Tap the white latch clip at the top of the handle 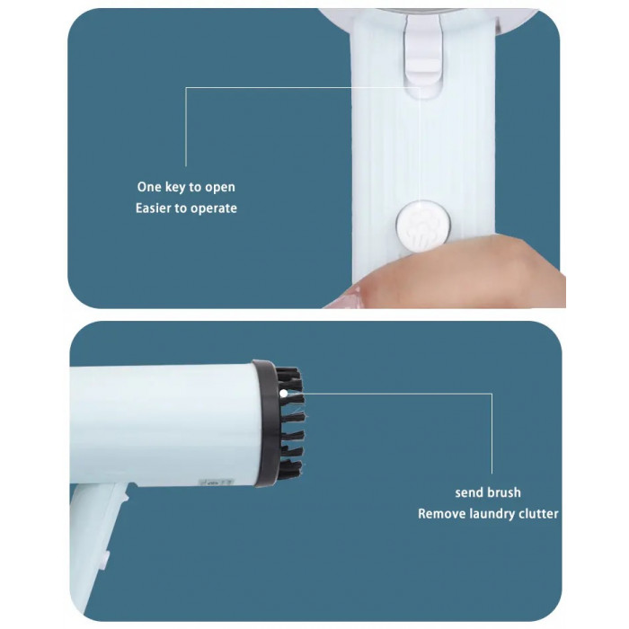[422, 54]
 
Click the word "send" [469, 492]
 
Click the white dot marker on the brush [284, 394]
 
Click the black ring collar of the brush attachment [267, 423]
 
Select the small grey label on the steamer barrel [217, 482]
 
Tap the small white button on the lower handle [106, 559]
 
